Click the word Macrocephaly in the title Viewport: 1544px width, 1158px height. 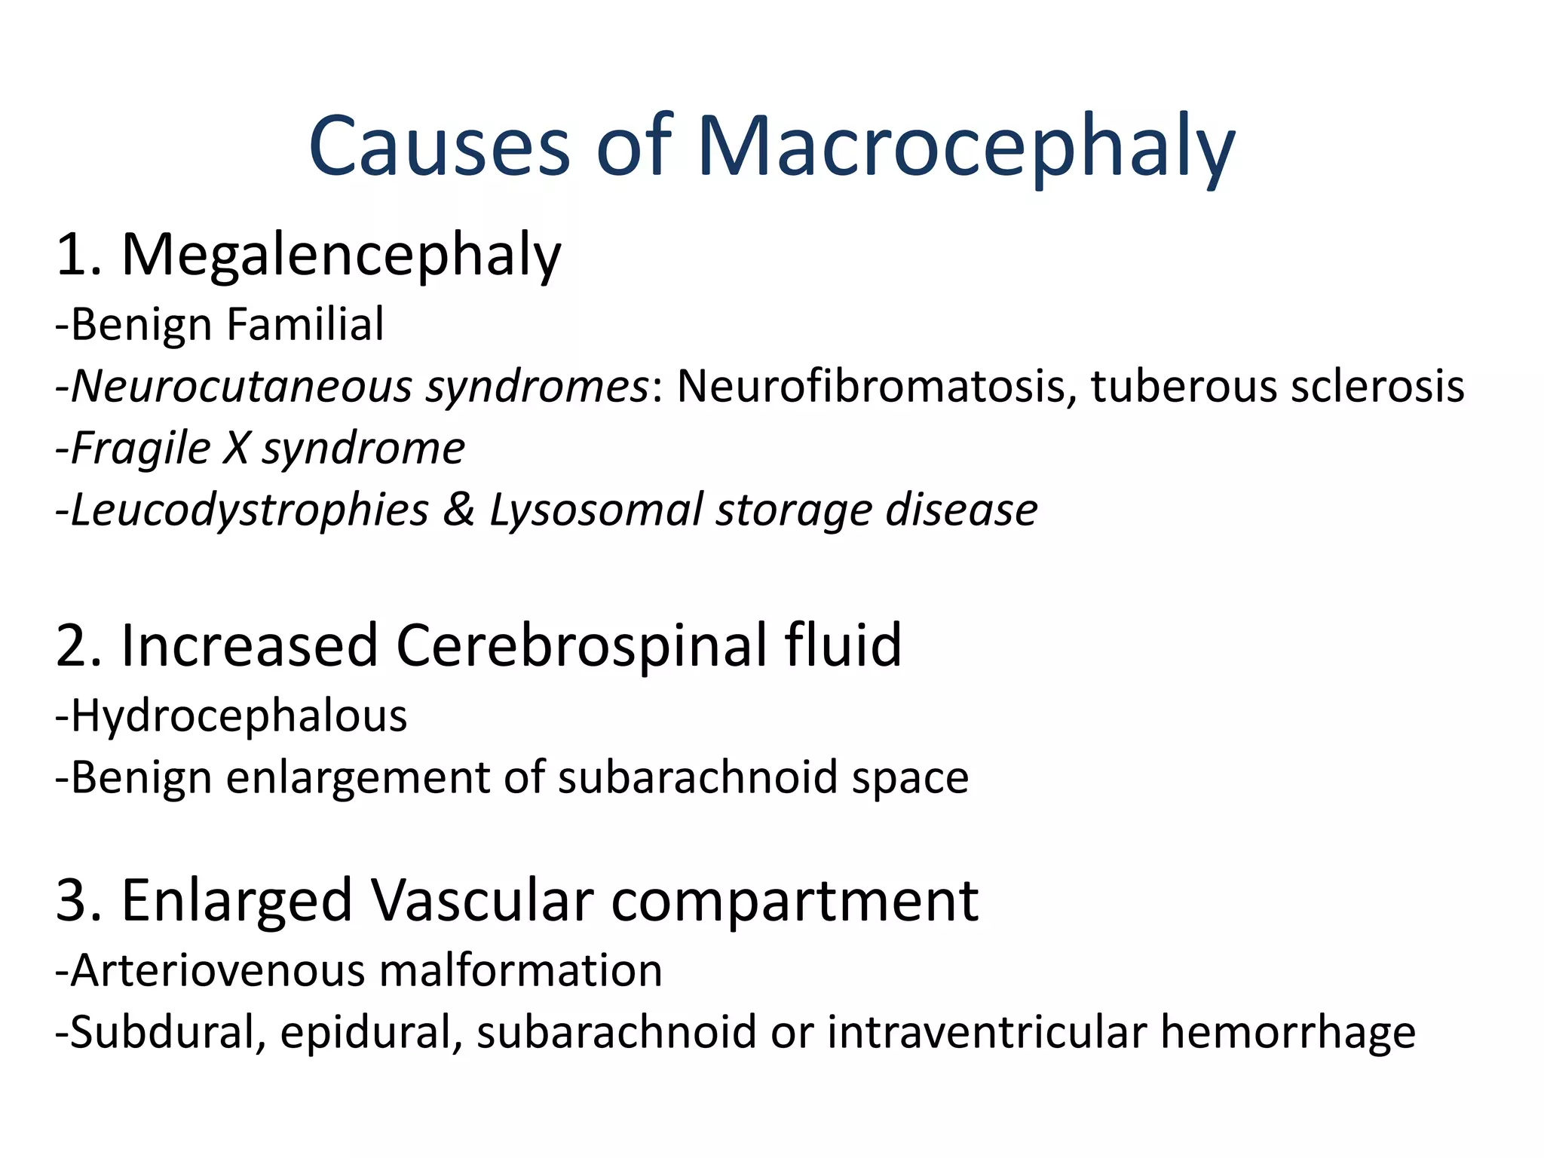click(966, 147)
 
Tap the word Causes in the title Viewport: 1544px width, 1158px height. click(440, 147)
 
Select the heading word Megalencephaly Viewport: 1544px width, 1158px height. click(342, 256)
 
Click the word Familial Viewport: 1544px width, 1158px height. click(305, 325)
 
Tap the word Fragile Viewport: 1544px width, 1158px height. click(141, 449)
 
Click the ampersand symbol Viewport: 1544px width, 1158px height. click(459, 510)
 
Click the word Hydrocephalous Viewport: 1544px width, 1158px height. click(239, 716)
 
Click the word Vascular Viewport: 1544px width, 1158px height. click(482, 900)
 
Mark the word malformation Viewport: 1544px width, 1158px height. click(521, 970)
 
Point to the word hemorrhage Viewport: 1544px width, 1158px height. click(1288, 1032)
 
